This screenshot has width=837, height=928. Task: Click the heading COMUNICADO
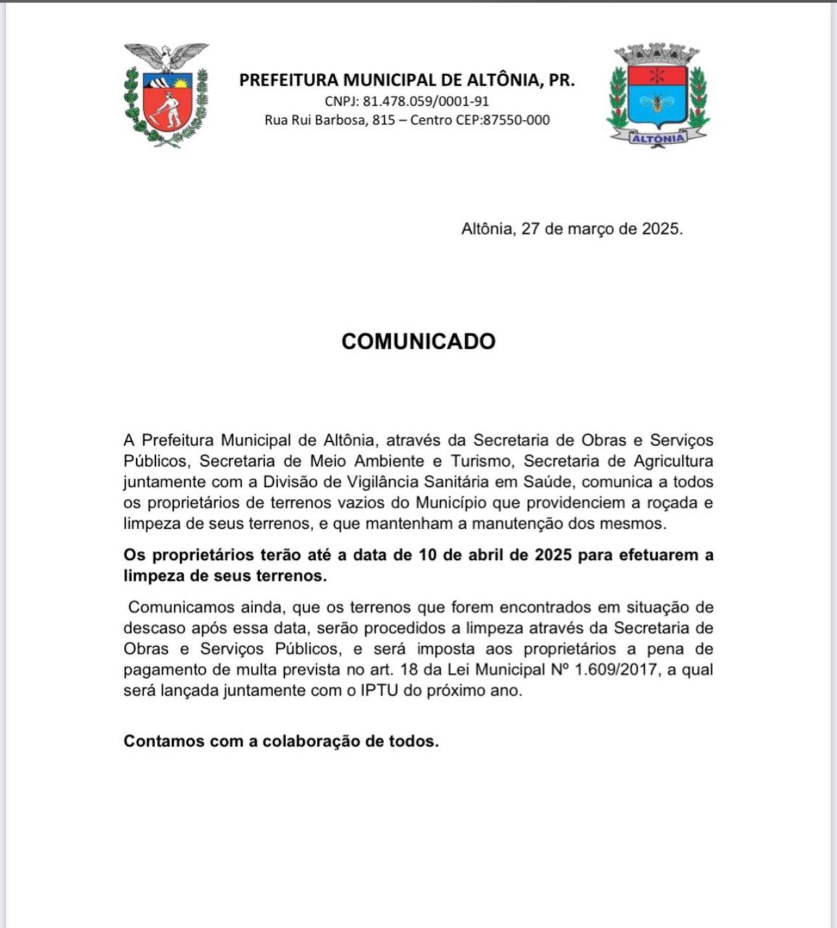(x=418, y=341)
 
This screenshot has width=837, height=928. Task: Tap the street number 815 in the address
(x=383, y=120)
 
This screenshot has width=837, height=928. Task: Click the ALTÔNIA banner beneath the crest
(x=658, y=138)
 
